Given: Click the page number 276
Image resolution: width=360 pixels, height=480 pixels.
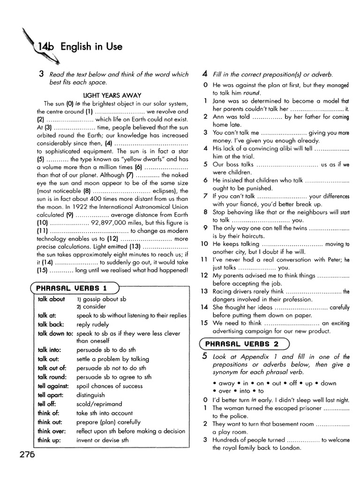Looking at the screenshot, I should pos(28,454).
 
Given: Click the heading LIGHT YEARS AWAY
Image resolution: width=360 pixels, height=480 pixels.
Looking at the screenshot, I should pos(112,95).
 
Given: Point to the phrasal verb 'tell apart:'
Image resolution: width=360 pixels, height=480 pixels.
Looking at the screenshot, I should pos(51,395).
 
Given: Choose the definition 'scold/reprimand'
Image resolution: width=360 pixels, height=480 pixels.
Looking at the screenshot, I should pos(99,404).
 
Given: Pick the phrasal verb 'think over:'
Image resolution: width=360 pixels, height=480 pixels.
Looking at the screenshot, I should pos(52,431).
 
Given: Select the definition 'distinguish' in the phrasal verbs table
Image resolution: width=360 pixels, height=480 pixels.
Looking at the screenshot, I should pos(91,395).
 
